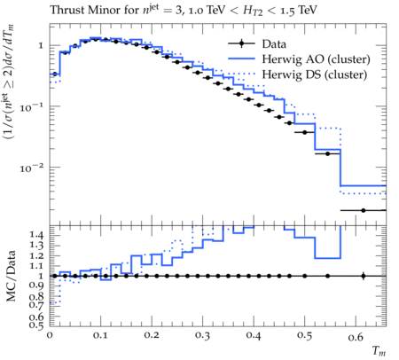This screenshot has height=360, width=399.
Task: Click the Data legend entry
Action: pos(257,43)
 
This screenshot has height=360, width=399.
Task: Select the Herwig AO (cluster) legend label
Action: pos(316,59)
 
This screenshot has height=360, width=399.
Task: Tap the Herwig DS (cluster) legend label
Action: pos(315,74)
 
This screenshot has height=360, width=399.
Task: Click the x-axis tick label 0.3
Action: pos(202,336)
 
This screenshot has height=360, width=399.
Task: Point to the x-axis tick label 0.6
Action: pos(356,336)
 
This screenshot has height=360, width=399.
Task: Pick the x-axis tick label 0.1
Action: pos(100,336)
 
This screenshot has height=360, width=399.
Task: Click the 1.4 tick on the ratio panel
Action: pos(36,235)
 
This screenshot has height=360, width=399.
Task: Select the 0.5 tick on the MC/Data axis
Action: pos(36,325)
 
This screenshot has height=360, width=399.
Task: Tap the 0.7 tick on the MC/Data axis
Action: pos(36,304)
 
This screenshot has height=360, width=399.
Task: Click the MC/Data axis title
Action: pos(12,276)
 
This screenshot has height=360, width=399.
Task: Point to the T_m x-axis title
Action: pos(379,351)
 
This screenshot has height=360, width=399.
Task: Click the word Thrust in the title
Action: pos(67,10)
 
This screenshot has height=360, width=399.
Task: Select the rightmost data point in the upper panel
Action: pos(364,210)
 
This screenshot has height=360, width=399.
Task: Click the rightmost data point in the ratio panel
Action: pos(364,277)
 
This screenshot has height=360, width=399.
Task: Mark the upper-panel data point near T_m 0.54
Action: pos(327,153)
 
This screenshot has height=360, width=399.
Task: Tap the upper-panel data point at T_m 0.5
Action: pos(305,132)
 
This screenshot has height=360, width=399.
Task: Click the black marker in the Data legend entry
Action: pos(241,43)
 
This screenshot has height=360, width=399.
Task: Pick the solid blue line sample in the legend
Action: pos(241,59)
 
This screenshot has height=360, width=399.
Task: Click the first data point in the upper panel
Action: pos(54,74)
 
